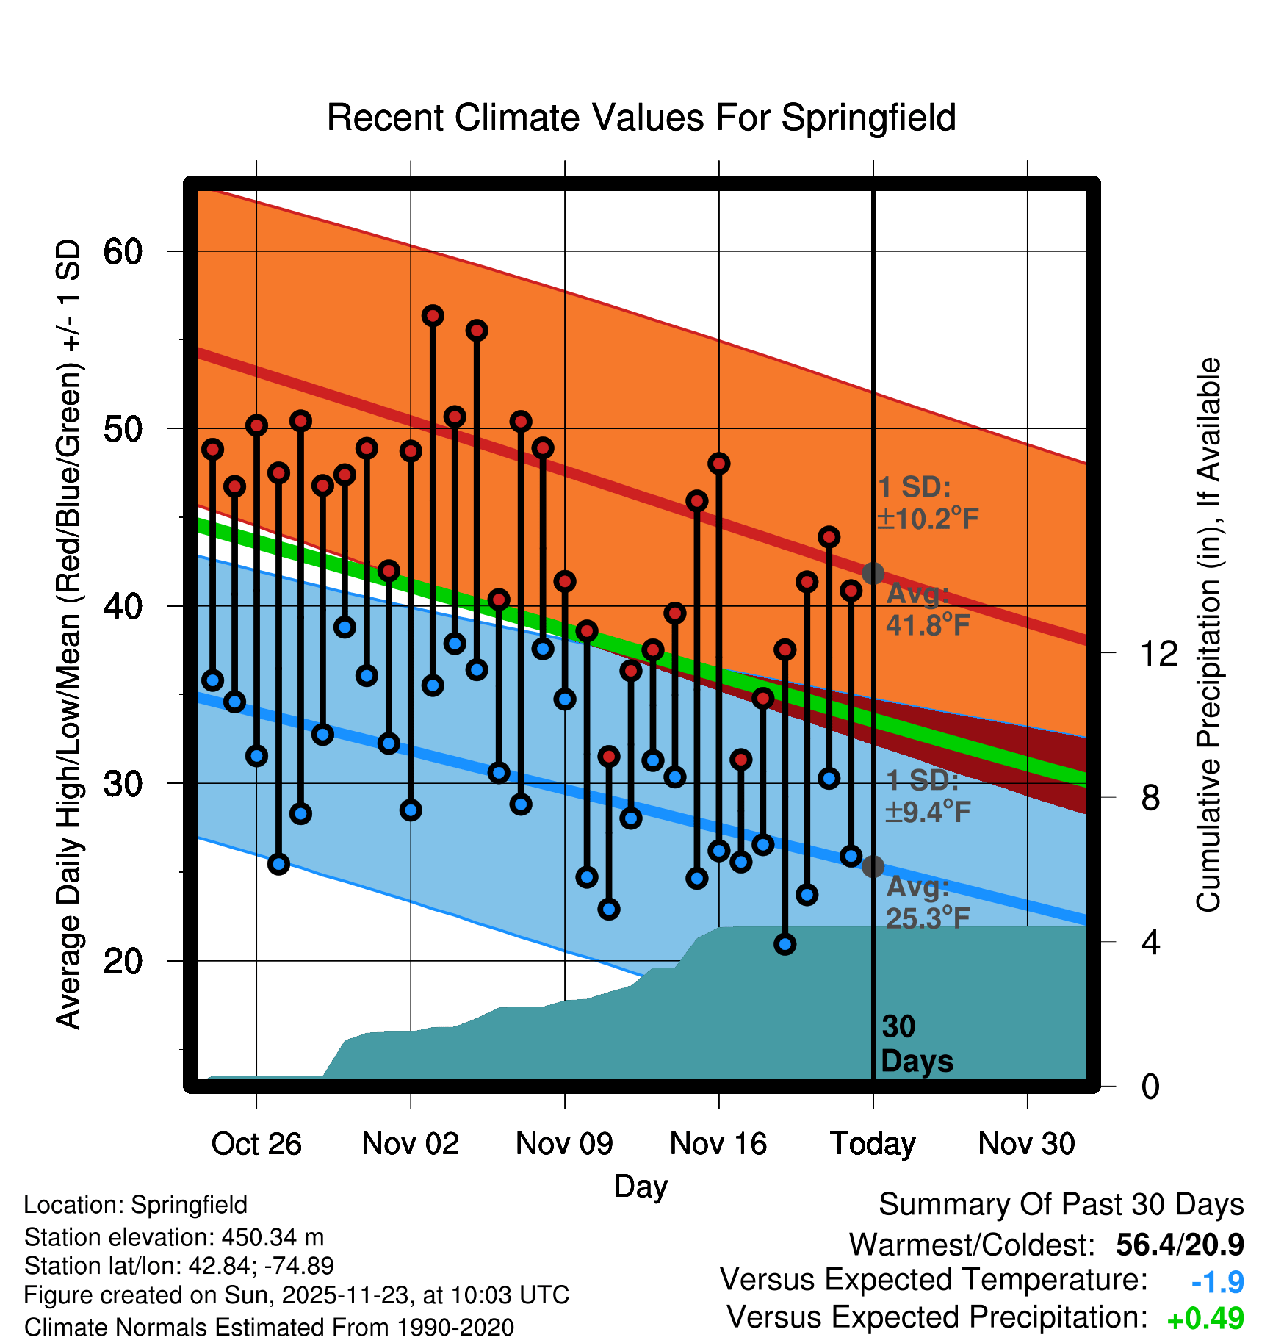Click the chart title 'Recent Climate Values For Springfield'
tap(641, 118)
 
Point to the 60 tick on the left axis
tap(122, 252)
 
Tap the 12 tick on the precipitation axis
tap(1159, 653)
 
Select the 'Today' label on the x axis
tap(873, 1144)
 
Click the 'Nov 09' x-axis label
tap(564, 1144)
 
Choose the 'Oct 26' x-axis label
tap(256, 1144)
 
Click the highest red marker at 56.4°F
tap(433, 316)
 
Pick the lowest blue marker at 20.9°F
tap(785, 944)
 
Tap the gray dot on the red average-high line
tap(873, 573)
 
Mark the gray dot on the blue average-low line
tap(873, 867)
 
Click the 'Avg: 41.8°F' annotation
tap(927, 609)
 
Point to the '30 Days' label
tap(916, 1044)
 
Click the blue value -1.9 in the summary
tap(1217, 1283)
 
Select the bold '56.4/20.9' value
tap(1179, 1245)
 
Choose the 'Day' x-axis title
tap(641, 1187)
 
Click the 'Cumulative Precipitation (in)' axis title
tap(1207, 635)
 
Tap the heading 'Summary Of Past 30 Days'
tap(1061, 1205)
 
